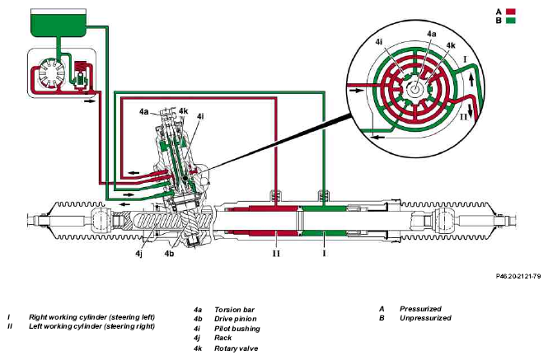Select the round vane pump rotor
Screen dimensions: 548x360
(51, 72)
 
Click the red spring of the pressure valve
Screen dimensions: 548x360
(81, 67)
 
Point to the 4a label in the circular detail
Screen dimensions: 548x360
(432, 34)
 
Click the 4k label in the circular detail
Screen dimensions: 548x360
(451, 46)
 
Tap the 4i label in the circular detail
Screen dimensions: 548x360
(379, 42)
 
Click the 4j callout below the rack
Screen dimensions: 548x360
(138, 254)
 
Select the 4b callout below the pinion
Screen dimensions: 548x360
(169, 254)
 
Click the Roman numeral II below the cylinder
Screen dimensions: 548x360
(276, 254)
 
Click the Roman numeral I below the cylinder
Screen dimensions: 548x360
(324, 253)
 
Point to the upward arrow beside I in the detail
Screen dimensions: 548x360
(471, 80)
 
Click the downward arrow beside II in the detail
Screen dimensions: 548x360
(471, 110)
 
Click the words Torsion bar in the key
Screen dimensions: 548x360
(234, 310)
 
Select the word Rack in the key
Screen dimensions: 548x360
(223, 338)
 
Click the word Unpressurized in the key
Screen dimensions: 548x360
(425, 318)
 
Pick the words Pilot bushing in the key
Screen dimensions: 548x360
(237, 329)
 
